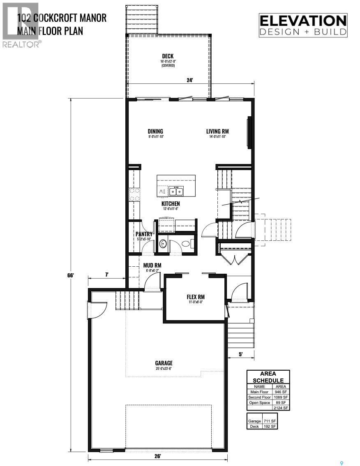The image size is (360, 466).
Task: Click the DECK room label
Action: coord(167,56)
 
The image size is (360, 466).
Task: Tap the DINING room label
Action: coord(155,131)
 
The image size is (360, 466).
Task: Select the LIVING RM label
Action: coord(217,131)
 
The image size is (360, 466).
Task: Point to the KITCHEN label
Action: coord(171,204)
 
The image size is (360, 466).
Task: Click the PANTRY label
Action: coord(144,234)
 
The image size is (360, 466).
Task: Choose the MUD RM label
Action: coord(152,265)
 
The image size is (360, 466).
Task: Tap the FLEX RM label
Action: coord(195,297)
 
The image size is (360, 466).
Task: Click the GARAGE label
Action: coord(164,363)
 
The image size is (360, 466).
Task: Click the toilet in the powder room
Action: coord(186,244)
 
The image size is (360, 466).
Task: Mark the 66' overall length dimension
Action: coord(71,275)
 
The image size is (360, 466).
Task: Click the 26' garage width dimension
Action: coord(158,456)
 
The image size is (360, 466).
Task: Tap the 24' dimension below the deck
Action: coord(189,81)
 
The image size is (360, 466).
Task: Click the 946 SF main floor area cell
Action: coord(281,392)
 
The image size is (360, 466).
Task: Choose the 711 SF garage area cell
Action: coord(270,421)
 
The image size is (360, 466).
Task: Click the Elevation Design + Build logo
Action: coord(303,25)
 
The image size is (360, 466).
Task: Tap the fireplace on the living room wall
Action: coord(249,132)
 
